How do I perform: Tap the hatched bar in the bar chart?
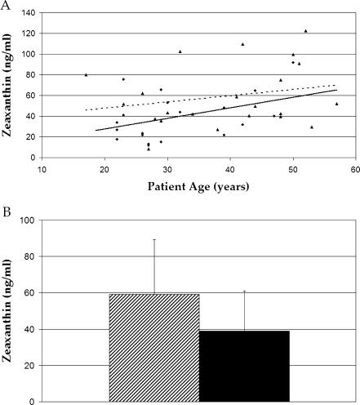(x=153, y=347)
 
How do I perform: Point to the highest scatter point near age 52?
(x=305, y=31)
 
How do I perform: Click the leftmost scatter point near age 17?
(x=86, y=75)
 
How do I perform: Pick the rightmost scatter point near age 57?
(x=336, y=104)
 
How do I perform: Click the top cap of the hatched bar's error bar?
(x=153, y=239)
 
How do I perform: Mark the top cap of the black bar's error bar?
(x=244, y=291)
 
